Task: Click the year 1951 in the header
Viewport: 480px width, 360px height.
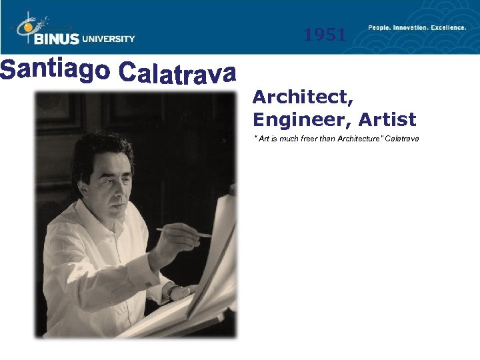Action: coord(325,35)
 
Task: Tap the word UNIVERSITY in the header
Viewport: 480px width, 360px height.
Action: coord(109,39)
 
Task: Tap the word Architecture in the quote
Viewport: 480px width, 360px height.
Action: coord(360,139)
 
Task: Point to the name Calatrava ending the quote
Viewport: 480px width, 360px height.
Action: coord(403,139)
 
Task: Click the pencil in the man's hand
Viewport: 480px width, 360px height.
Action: coord(183,232)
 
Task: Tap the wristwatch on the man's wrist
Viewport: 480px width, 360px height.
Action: coord(173,291)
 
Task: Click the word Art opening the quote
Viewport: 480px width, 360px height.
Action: coord(262,139)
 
